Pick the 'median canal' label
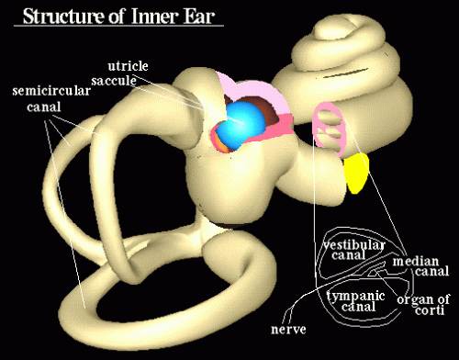click(419, 267)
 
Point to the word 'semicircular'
click(46, 93)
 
